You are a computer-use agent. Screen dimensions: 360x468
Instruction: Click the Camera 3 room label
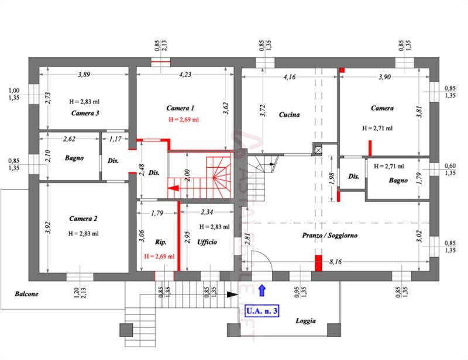(x=84, y=113)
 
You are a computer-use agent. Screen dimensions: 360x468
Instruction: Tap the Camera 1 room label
(x=180, y=108)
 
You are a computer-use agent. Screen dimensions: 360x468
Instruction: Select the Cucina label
(x=289, y=115)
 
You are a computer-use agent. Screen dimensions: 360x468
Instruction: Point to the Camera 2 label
(x=83, y=219)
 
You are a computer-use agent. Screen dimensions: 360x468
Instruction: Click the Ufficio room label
(x=208, y=242)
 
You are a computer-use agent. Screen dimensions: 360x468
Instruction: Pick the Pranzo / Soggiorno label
(x=330, y=236)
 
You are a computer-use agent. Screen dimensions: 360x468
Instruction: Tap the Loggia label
(x=305, y=321)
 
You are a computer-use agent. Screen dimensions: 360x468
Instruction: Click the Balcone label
(x=27, y=294)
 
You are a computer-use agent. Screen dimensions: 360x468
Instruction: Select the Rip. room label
(x=161, y=242)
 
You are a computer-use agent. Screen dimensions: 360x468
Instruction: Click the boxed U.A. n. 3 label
(x=261, y=311)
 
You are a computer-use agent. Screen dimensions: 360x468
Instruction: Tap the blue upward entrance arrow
(x=262, y=288)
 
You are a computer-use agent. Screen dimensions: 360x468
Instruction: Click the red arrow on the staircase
(x=174, y=188)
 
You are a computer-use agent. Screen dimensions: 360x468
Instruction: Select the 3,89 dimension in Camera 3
(x=84, y=74)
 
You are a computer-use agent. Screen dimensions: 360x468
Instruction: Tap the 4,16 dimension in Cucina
(x=289, y=77)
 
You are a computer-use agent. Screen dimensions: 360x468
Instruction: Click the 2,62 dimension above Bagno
(x=70, y=139)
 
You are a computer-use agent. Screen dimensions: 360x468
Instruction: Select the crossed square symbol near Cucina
(x=318, y=149)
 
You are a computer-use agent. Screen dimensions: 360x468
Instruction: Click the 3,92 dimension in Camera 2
(x=47, y=226)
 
